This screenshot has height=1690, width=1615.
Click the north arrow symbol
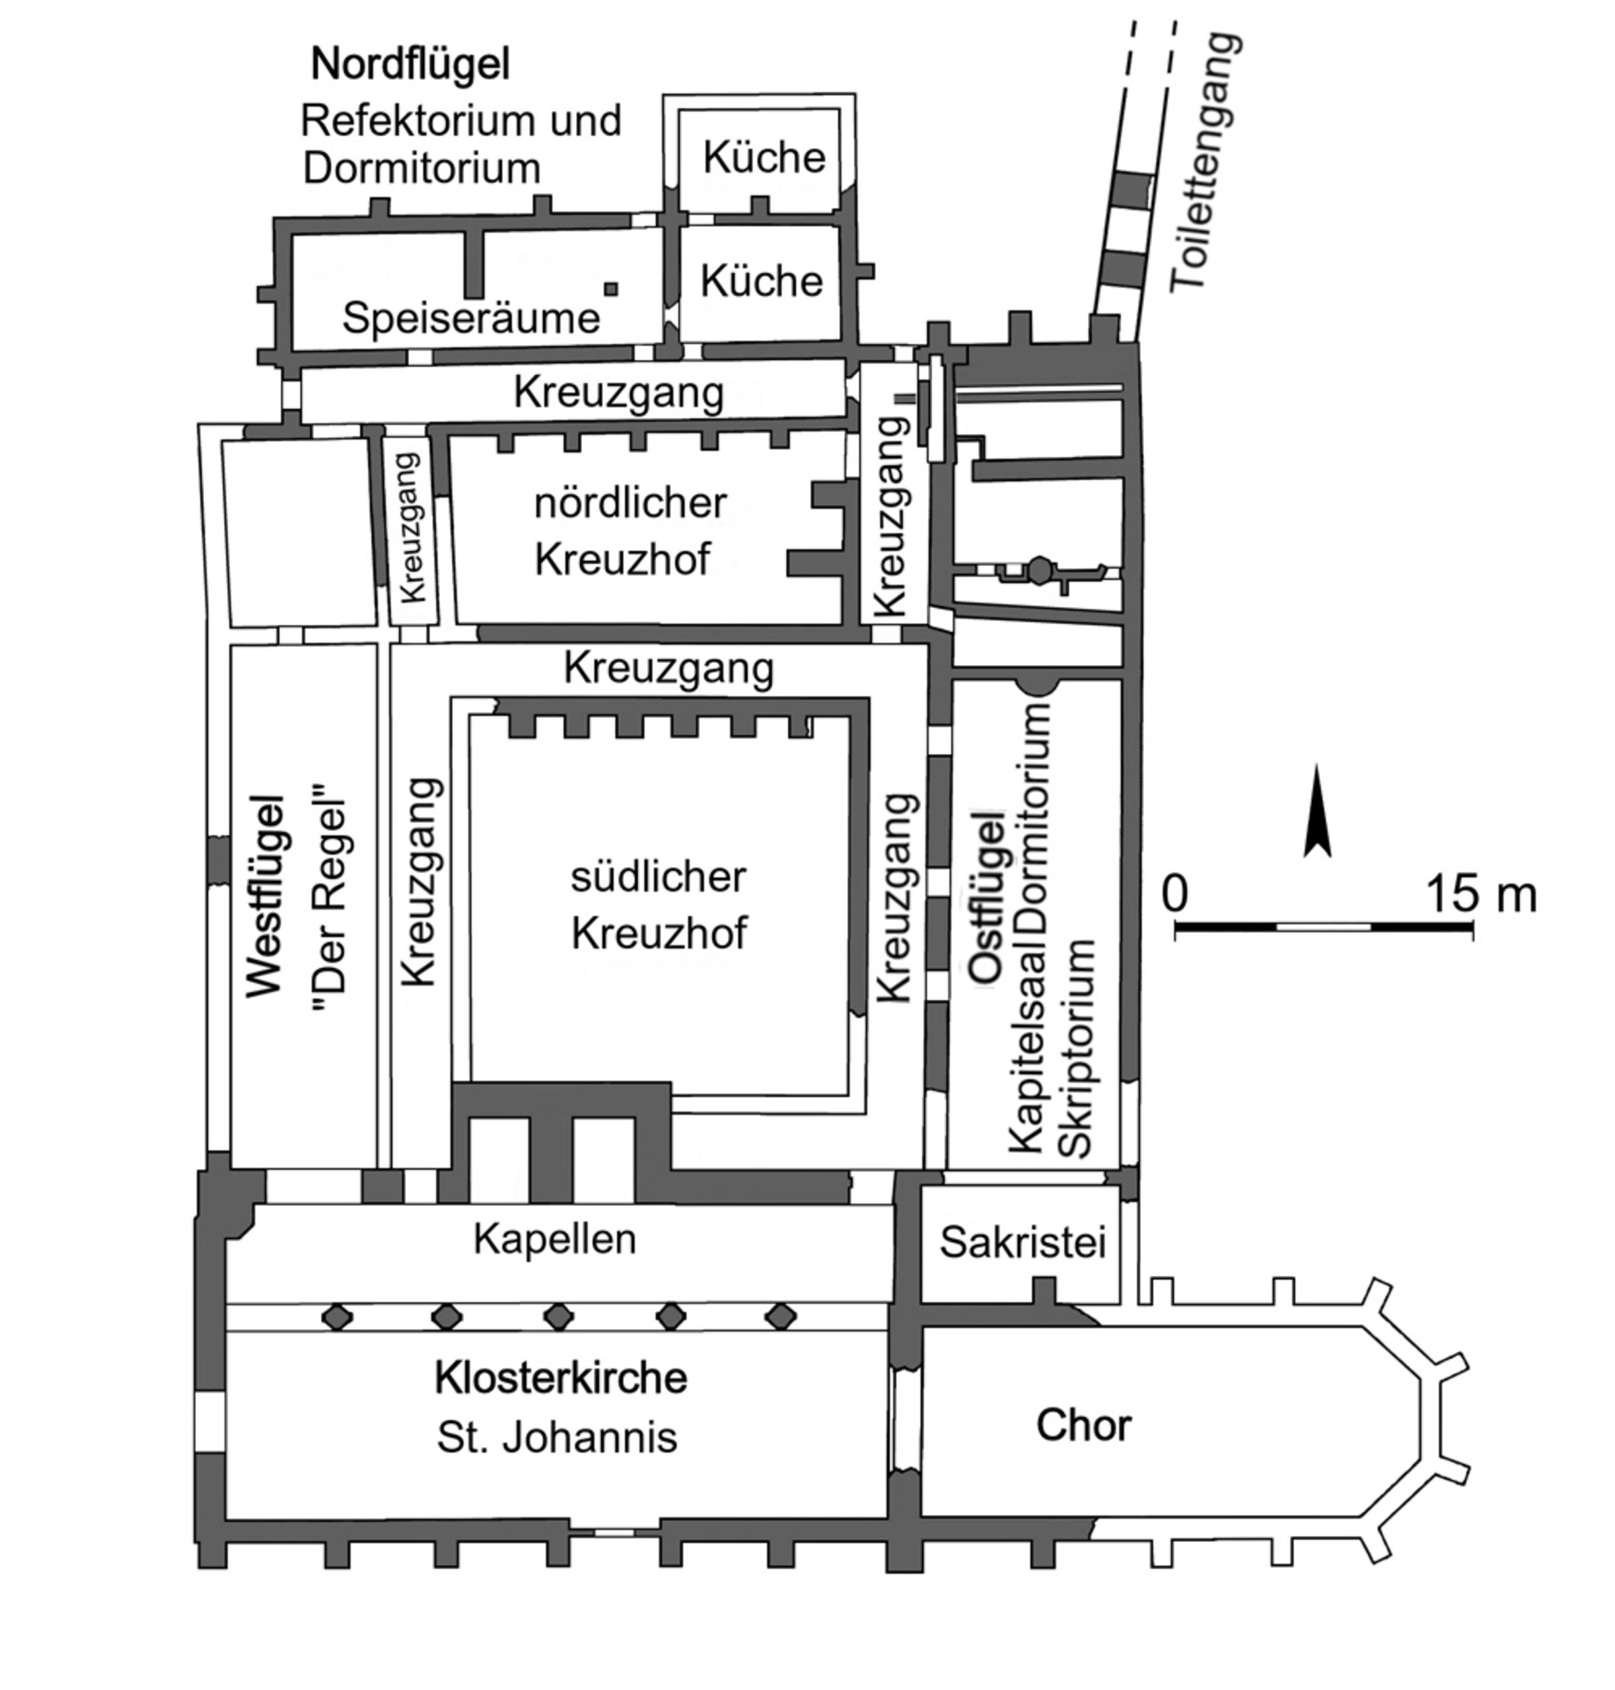(x=1316, y=813)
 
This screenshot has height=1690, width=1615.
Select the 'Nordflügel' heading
(x=410, y=65)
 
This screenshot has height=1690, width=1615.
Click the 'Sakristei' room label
(x=1022, y=1242)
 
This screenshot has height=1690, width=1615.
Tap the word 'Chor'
(x=1083, y=1425)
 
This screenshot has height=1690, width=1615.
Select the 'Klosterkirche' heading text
(x=561, y=1378)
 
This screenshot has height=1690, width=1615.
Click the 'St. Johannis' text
(x=557, y=1437)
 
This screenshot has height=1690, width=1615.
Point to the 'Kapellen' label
(x=554, y=1239)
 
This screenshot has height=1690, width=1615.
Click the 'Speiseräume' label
(x=471, y=318)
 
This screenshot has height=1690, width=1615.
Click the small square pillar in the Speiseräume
(x=610, y=289)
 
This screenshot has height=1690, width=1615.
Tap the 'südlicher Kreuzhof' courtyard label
(x=659, y=905)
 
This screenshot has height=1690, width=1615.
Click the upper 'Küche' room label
(x=764, y=157)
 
